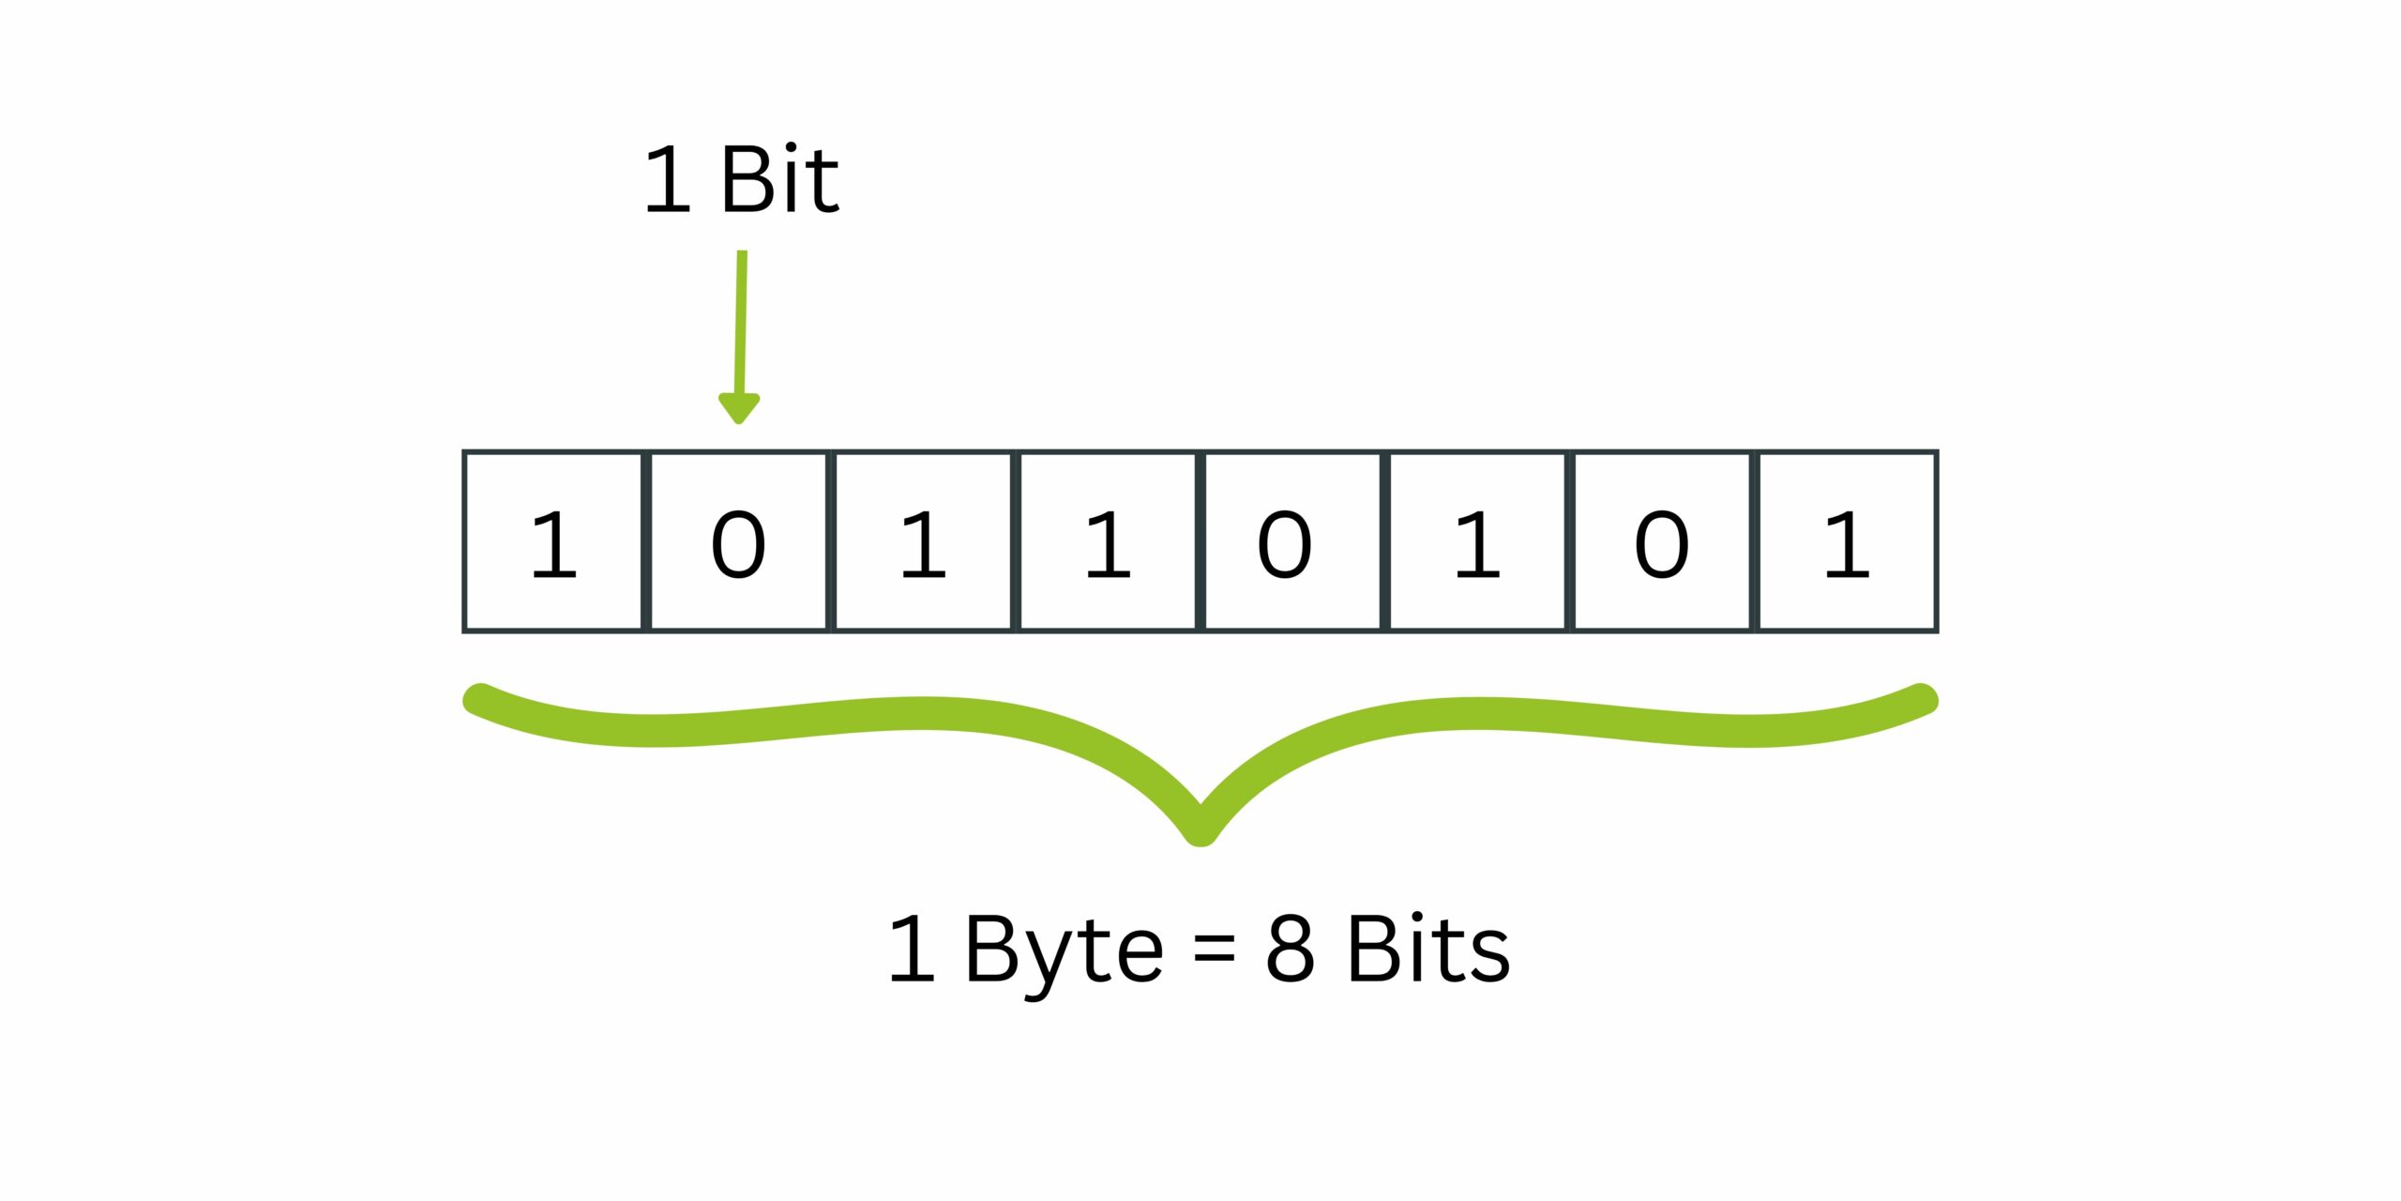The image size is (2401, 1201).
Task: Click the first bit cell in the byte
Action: (x=552, y=541)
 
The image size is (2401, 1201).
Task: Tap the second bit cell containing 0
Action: (x=738, y=541)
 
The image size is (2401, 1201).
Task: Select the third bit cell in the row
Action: (x=923, y=541)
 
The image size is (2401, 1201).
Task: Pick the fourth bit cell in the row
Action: (x=1108, y=541)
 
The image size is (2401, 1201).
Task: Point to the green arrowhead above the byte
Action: (x=739, y=408)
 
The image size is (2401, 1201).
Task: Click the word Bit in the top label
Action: (x=779, y=179)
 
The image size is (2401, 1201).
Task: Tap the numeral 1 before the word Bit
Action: (x=668, y=179)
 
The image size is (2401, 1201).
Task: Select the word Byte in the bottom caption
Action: (x=1064, y=955)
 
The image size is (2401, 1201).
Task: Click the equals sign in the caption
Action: (x=1215, y=952)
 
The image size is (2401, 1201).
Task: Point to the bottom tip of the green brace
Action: (x=1200, y=838)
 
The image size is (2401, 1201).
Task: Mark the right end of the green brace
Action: (x=1922, y=699)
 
